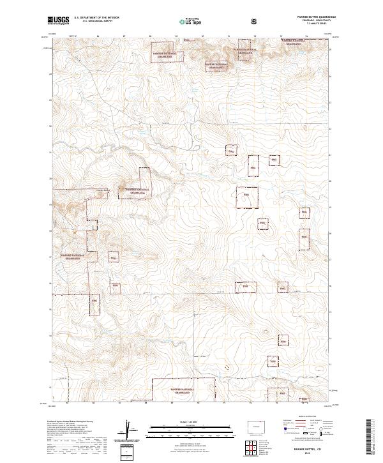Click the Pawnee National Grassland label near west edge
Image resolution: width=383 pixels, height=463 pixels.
[72, 257]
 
